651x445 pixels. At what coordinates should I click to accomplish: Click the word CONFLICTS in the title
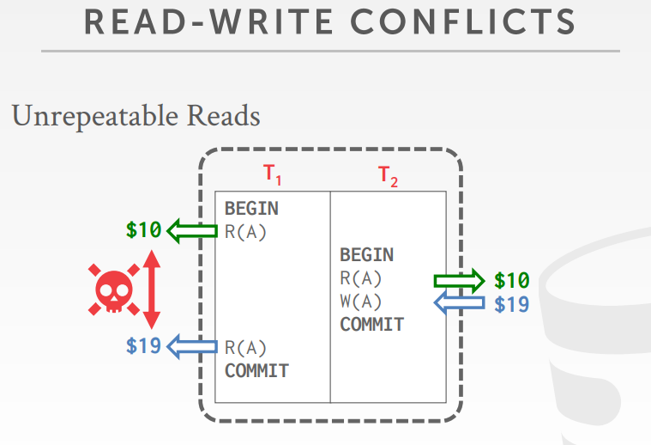pos(455,22)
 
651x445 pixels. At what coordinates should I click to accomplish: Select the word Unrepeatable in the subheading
pos(95,116)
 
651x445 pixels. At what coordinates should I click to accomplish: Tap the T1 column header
pos(273,174)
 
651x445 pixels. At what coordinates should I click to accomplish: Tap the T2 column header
pos(389,176)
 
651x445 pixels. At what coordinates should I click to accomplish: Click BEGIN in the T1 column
pos(251,209)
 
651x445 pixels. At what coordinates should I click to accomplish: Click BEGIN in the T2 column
pos(366,255)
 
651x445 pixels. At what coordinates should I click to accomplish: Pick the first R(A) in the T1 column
pos(245,230)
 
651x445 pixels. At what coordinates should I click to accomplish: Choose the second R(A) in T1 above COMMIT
pos(245,348)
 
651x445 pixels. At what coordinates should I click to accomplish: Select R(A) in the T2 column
pos(361,278)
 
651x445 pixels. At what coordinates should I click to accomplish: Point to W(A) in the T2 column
pos(361,302)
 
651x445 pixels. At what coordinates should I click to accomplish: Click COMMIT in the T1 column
pos(256,371)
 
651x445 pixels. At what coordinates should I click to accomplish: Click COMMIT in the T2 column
pos(371,325)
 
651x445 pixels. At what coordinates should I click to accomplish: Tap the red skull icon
pos(112,290)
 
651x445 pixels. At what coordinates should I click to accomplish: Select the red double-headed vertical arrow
pos(152,290)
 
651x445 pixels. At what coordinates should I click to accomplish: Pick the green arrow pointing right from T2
pos(459,280)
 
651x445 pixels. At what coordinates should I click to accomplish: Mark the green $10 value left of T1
pos(143,230)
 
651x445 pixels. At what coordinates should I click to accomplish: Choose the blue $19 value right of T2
pos(512,304)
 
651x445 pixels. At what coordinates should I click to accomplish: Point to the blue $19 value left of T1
pos(143,346)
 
